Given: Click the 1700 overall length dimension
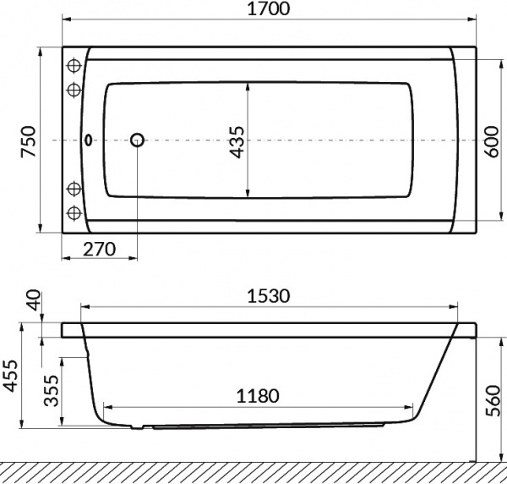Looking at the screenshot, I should tap(270, 11).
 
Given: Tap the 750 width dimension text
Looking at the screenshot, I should tap(28, 140).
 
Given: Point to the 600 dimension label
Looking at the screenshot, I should tap(491, 140).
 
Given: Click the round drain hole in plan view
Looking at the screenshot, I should tap(137, 140).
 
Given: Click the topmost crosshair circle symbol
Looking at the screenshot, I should tap(74, 66).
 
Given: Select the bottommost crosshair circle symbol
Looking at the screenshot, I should tap(74, 212).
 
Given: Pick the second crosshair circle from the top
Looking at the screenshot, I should tap(74, 88).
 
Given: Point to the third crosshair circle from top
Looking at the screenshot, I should tap(74, 189).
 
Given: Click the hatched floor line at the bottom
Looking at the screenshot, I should tap(253, 472).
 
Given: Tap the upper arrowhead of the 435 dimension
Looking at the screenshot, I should tap(247, 85).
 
